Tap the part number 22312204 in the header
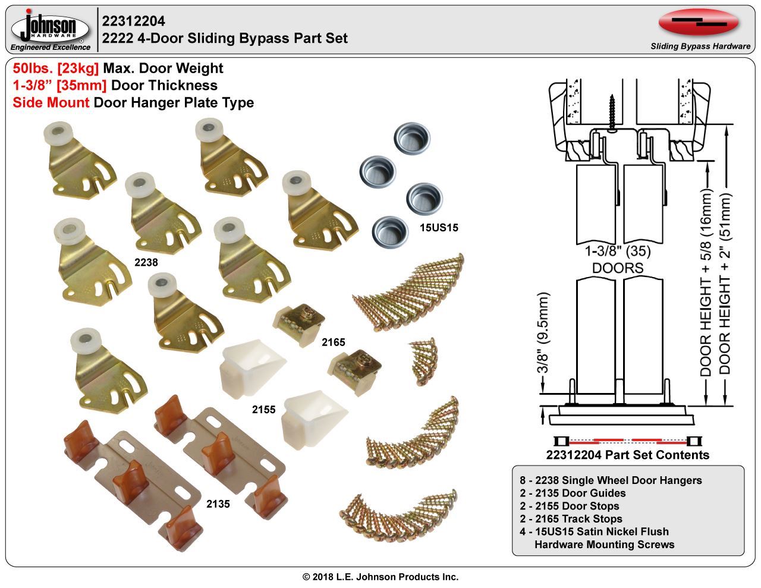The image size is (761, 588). point(134,21)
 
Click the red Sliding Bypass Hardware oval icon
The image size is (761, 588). point(699,23)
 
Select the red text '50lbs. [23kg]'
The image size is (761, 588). point(56,68)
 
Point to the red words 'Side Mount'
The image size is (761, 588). point(51,103)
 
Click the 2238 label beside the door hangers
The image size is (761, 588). point(146,261)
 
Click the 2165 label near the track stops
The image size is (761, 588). point(333,342)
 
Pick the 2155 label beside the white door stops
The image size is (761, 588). point(263,410)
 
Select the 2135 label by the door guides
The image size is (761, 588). point(218,504)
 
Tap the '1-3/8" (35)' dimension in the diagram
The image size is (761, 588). point(618,251)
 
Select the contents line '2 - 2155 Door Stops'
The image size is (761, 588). point(569,506)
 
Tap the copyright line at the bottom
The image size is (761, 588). point(380,577)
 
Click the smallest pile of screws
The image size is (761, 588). point(424,360)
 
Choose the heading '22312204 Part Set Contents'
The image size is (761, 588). point(627,455)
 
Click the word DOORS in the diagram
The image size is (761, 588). point(618,268)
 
